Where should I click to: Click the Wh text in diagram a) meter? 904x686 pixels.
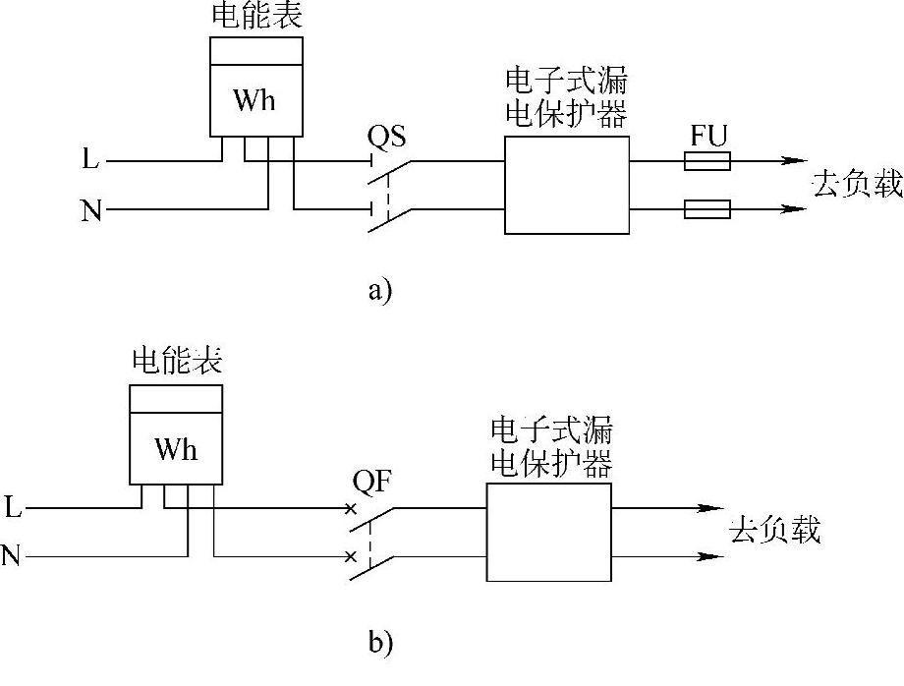tap(254, 99)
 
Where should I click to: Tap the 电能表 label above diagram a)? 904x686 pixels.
tap(256, 17)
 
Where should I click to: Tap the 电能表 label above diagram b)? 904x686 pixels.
tap(177, 362)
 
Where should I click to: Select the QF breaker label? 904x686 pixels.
tap(371, 484)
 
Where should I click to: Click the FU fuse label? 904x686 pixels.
tap(707, 136)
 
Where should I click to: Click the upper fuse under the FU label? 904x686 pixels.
tap(706, 161)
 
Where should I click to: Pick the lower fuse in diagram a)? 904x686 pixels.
tap(706, 208)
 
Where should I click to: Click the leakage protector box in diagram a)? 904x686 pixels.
tap(566, 185)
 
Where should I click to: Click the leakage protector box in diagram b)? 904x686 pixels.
tap(549, 531)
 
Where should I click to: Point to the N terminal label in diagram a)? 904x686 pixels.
tap(91, 210)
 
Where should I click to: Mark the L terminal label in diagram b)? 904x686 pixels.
tap(13, 508)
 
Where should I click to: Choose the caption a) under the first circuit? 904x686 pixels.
tap(379, 291)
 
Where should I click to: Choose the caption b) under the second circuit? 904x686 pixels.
tap(380, 643)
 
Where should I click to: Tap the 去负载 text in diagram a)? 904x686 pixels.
tap(857, 184)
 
